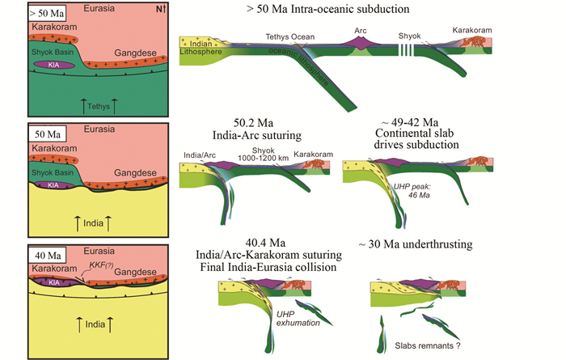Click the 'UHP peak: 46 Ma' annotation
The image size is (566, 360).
[x=413, y=192]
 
